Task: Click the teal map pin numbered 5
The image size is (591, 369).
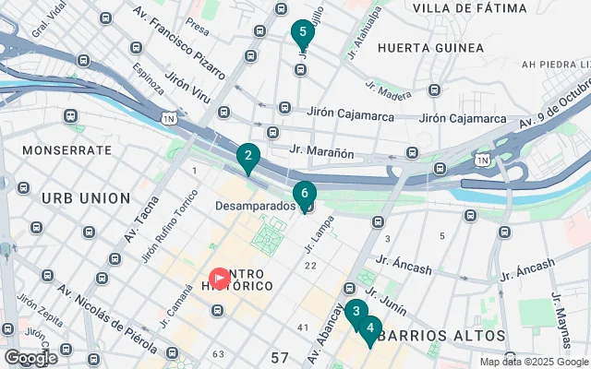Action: coord(302,33)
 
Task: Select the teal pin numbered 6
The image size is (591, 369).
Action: coord(304,194)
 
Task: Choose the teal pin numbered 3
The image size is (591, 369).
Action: coord(356,313)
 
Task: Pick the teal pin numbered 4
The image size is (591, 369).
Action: coord(369,328)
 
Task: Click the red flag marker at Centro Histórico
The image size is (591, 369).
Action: coord(220,277)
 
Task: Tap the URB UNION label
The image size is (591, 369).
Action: coord(86,198)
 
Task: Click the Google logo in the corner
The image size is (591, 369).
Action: coord(30,358)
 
